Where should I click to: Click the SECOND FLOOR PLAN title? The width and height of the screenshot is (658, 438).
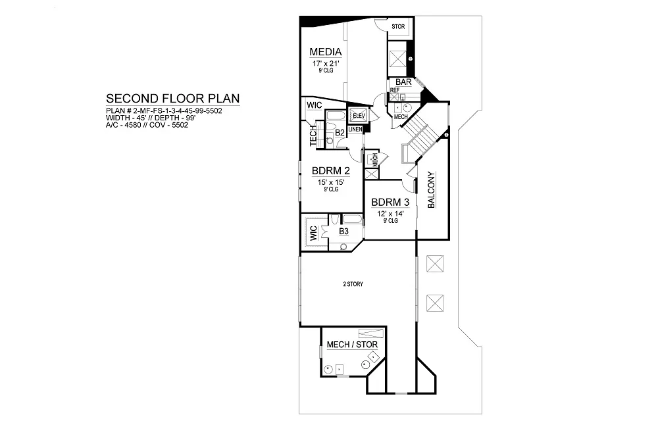point(172,99)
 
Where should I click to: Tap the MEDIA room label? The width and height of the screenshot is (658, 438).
point(326,52)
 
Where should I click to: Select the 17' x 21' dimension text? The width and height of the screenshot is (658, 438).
point(326,64)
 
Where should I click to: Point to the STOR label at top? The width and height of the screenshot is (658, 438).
point(398,26)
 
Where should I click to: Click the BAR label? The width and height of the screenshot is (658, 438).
point(403,82)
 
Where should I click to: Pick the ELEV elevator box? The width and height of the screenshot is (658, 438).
point(358,115)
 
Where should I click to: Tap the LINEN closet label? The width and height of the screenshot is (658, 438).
point(355,130)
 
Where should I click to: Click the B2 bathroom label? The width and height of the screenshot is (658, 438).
point(340,133)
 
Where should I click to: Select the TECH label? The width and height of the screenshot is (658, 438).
point(313,136)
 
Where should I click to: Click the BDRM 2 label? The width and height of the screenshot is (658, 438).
point(331,171)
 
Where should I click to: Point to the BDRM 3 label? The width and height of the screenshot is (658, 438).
point(390,202)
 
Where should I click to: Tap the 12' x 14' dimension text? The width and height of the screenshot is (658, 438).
point(390,214)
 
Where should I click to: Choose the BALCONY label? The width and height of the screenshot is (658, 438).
point(431,190)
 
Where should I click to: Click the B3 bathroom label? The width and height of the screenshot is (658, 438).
point(343,231)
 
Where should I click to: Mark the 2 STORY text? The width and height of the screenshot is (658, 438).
point(353,284)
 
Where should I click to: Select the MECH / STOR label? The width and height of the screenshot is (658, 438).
point(352,345)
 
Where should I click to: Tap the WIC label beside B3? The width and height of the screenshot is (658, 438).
point(313,233)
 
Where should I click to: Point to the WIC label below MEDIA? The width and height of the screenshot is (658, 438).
point(315,105)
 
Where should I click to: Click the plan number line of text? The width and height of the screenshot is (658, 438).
point(164,111)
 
